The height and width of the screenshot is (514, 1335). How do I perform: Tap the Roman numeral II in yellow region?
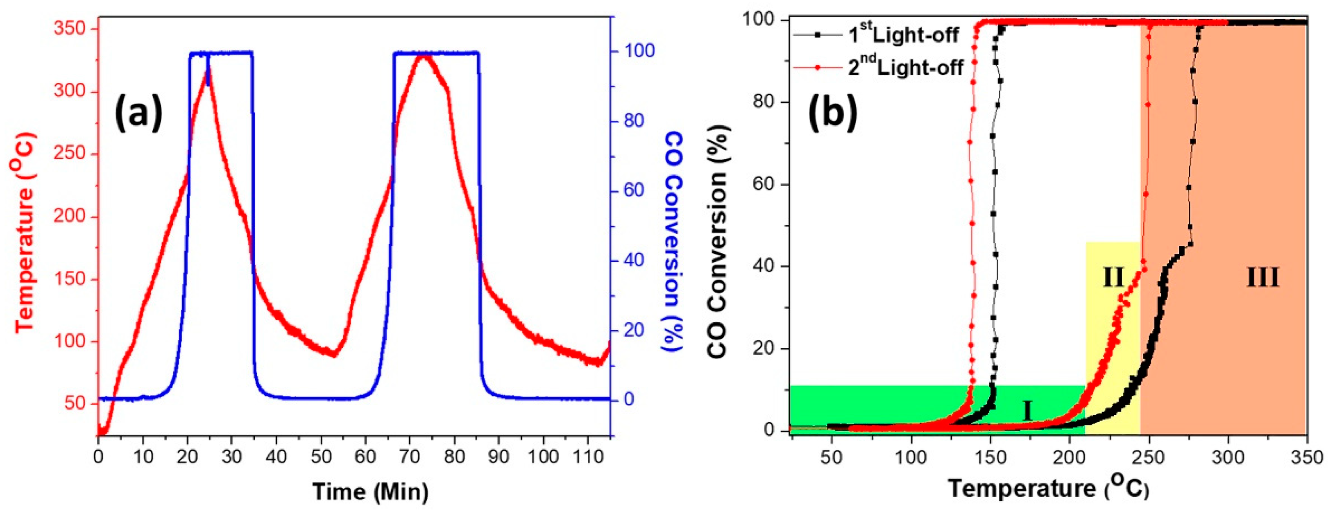click(1113, 278)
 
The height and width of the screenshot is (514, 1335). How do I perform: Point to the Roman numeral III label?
click(1262, 278)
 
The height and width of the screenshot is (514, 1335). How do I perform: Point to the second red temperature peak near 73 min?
click(424, 55)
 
